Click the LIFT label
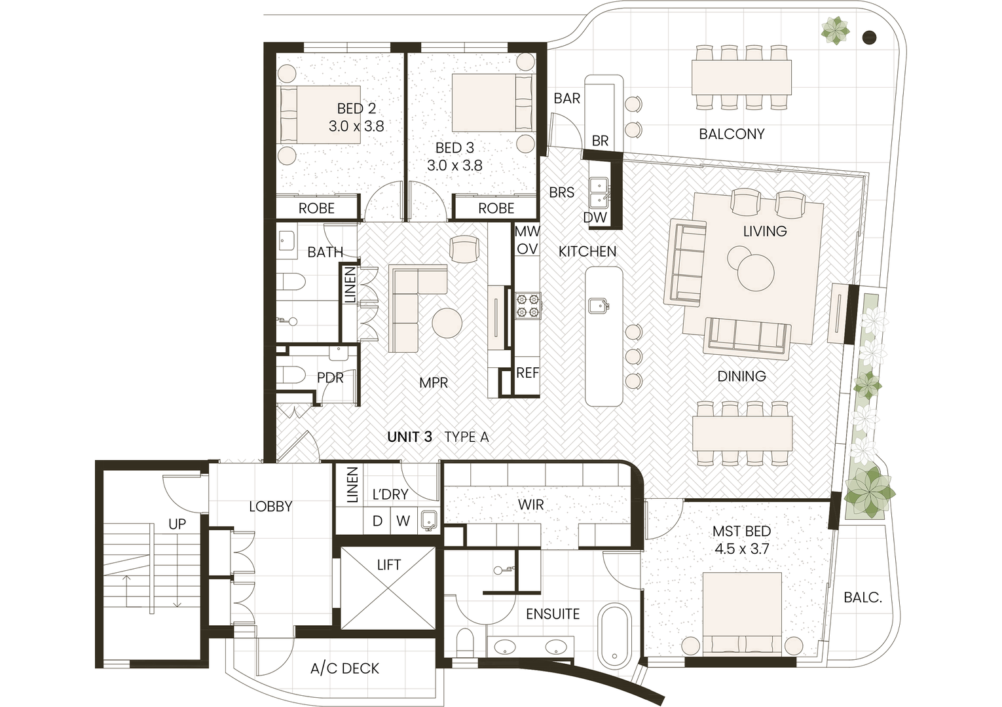tap(389, 565)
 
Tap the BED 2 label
tap(356, 109)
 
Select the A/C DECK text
tap(345, 668)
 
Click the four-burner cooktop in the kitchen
tap(528, 306)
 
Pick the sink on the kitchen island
tap(598, 306)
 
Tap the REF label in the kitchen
tap(527, 372)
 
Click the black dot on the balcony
tap(869, 37)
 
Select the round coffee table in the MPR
tap(447, 323)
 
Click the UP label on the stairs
tap(177, 524)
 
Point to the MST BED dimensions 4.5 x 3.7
tap(741, 549)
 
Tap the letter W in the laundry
tap(403, 520)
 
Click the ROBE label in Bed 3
tap(496, 208)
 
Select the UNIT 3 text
tap(410, 437)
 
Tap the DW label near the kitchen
tap(595, 218)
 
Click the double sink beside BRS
tap(598, 192)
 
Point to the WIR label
tap(531, 505)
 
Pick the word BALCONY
tap(732, 134)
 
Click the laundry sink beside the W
tap(428, 521)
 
